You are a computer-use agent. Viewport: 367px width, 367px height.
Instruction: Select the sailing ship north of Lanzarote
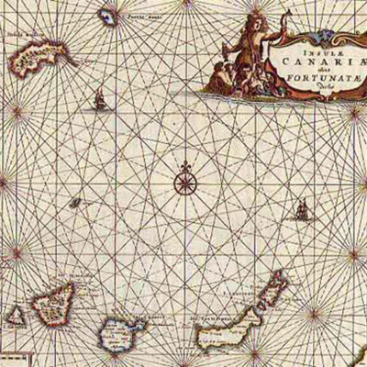click(300, 212)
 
